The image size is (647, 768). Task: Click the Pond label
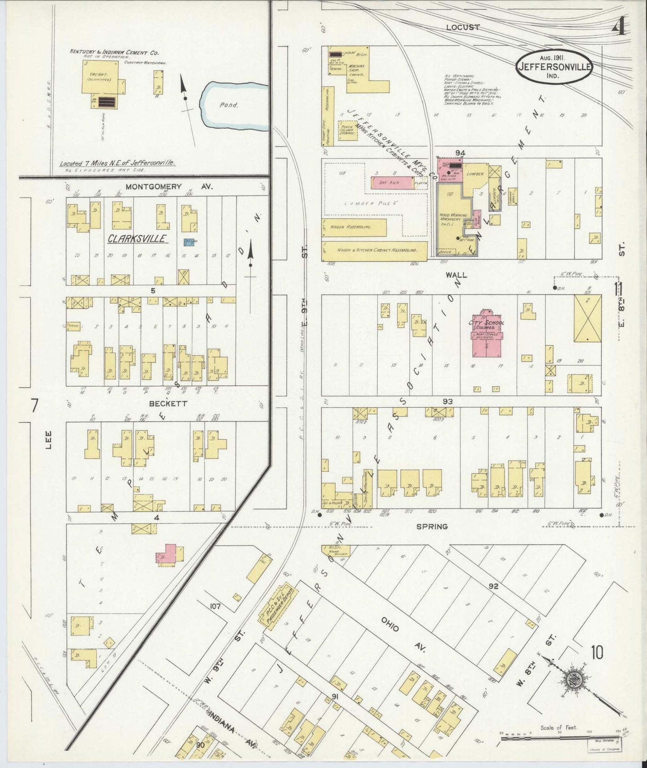click(229, 105)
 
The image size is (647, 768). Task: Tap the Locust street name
click(463, 27)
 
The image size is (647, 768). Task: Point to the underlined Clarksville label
click(137, 239)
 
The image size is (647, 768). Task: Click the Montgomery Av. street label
click(154, 186)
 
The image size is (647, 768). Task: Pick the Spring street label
click(432, 526)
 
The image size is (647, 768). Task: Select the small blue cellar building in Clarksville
click(191, 242)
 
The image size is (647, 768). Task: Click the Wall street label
click(455, 274)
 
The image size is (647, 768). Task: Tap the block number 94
click(459, 153)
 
